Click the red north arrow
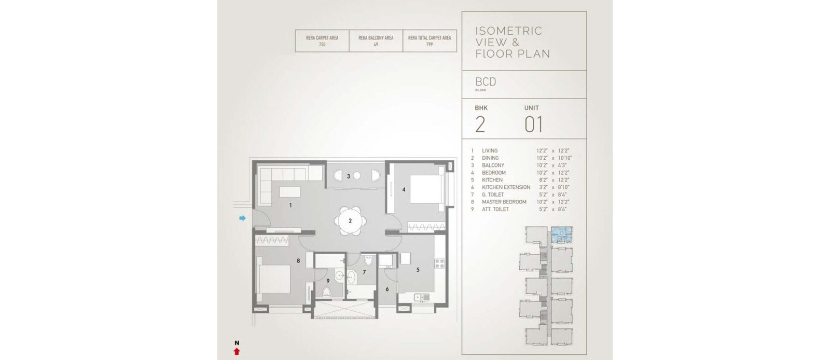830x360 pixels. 237,352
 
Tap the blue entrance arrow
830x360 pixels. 242,218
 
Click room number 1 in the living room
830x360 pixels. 290,205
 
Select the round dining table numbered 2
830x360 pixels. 350,221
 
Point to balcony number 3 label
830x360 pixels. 348,176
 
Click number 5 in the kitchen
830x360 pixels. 418,270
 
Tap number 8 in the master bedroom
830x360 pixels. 298,261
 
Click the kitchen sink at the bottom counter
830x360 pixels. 422,297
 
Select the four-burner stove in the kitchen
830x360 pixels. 439,264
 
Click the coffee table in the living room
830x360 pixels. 290,192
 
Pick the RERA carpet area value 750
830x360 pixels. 322,45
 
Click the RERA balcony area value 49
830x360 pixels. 376,45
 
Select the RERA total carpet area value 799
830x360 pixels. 430,45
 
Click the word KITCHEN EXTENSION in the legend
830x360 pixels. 506,187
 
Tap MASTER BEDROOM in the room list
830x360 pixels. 504,202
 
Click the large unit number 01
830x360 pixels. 534,124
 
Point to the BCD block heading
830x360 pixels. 486,82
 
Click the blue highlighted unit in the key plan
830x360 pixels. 562,235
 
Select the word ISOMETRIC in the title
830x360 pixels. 509,31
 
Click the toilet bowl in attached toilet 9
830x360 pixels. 326,293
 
